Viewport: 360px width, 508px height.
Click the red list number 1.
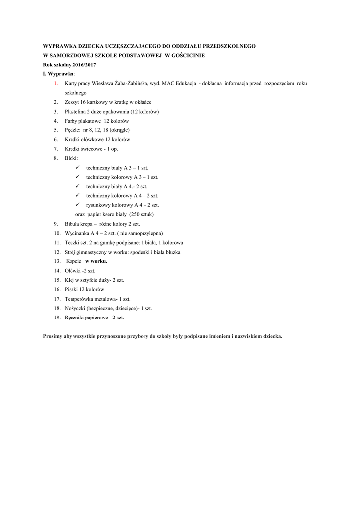pyautogui.click(x=56, y=83)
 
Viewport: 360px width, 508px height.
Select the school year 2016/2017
pyautogui.click(x=83, y=64)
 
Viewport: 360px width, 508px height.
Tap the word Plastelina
pyautogui.click(x=75, y=111)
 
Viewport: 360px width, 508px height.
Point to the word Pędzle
pyautogui.click(x=73, y=130)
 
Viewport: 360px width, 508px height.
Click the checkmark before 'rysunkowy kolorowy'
pyautogui.click(x=77, y=205)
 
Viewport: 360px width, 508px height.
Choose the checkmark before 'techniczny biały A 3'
pyautogui.click(x=77, y=168)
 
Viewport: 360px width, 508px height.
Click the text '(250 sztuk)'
pyautogui.click(x=141, y=214)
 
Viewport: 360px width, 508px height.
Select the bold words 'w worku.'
pyautogui.click(x=96, y=261)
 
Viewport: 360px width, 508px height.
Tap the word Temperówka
pyautogui.click(x=78, y=299)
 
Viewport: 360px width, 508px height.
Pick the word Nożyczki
pyautogui.click(x=74, y=308)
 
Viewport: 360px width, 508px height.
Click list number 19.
pyautogui.click(x=57, y=317)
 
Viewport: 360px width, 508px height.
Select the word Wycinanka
pyautogui.click(x=76, y=233)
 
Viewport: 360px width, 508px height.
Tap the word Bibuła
pyautogui.click(x=72, y=224)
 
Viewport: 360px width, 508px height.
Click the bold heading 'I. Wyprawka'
pyautogui.click(x=58, y=74)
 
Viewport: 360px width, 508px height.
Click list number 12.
pyautogui.click(x=57, y=252)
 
